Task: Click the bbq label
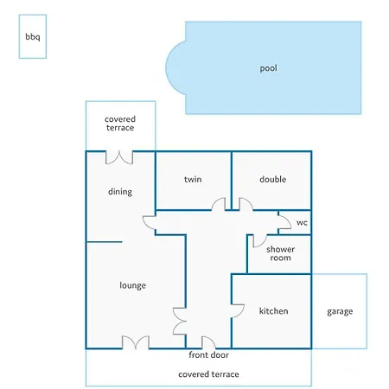click(33, 37)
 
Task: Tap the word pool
click(269, 68)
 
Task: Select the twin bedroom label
click(193, 179)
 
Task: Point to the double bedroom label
click(273, 179)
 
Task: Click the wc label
click(302, 222)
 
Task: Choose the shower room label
click(280, 253)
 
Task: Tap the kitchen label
click(273, 311)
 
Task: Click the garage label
click(340, 311)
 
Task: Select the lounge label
click(132, 285)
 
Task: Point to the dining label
click(120, 192)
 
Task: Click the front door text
click(208, 354)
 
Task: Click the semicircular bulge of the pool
click(175, 67)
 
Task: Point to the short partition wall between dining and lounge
click(105, 242)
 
